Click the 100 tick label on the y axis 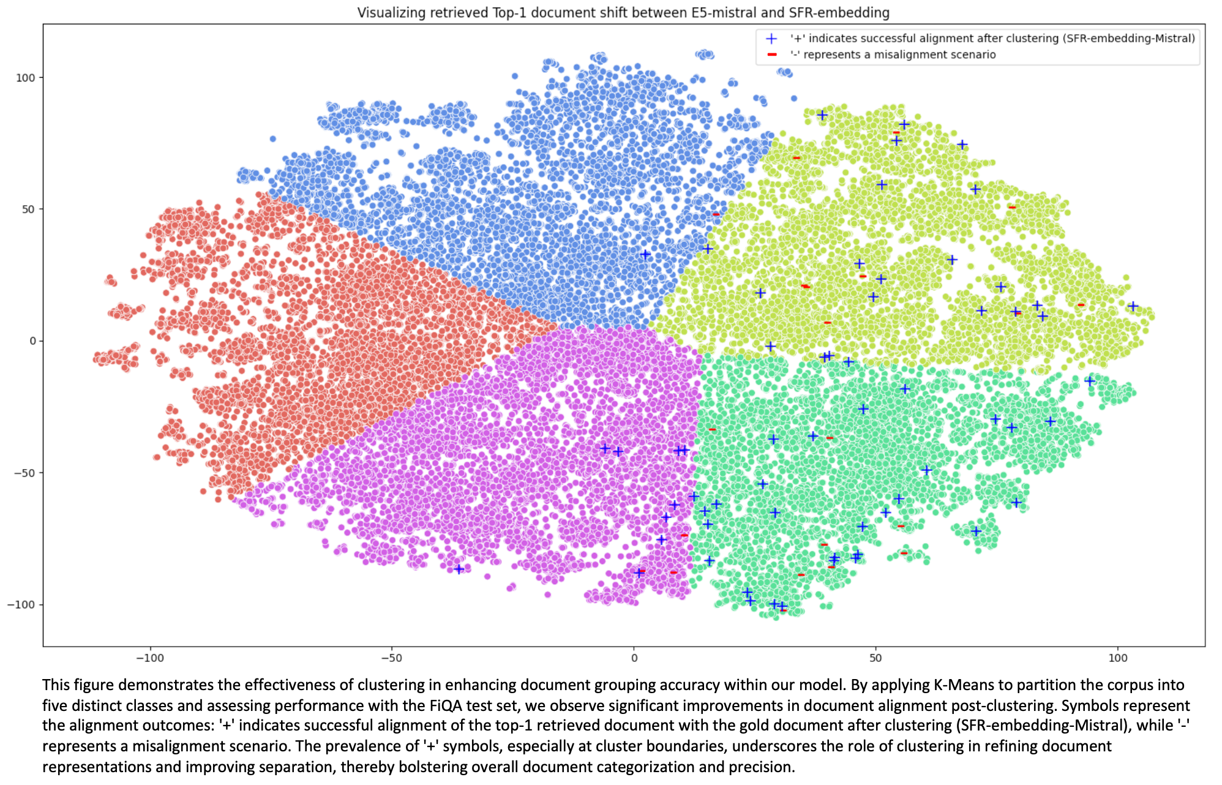click(25, 78)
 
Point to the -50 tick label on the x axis click(391, 658)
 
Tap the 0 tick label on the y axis click(32, 341)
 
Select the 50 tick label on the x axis click(875, 658)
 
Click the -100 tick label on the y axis click(21, 605)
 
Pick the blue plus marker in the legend click(771, 39)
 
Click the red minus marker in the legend click(771, 54)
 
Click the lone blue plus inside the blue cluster click(645, 255)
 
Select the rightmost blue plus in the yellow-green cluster click(1133, 306)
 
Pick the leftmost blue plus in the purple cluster click(459, 569)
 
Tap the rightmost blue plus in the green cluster click(1090, 381)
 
